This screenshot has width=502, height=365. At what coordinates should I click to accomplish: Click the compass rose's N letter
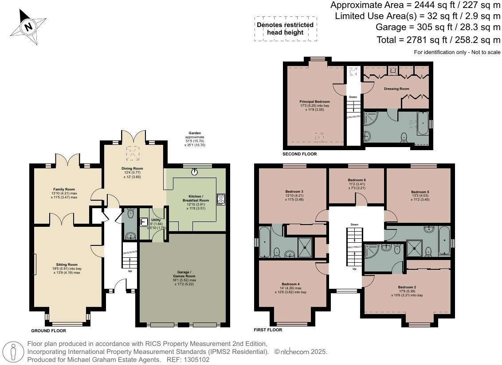tap(29, 26)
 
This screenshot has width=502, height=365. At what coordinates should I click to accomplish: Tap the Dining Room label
tap(132, 169)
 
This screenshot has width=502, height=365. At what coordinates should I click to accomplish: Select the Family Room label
tap(64, 190)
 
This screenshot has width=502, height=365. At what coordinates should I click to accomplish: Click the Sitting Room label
tap(67, 264)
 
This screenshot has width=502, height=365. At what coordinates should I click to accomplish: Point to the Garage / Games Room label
tap(184, 274)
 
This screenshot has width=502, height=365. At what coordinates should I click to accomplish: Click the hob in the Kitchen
tap(220, 200)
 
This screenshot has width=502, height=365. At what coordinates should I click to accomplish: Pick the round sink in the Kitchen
tap(194, 172)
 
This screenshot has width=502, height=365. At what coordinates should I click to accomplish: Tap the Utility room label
tap(156, 220)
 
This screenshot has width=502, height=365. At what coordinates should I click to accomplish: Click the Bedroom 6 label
tap(357, 180)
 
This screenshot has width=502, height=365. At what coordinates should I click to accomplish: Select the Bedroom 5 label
tap(420, 192)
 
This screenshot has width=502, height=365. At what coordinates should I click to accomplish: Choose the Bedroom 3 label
tap(294, 192)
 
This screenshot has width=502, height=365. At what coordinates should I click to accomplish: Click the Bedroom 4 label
tap(291, 284)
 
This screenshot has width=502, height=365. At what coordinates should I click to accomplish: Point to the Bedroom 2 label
tap(407, 287)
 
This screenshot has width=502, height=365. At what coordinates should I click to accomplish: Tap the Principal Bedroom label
tap(315, 102)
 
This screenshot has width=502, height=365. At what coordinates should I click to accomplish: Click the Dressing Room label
tap(396, 89)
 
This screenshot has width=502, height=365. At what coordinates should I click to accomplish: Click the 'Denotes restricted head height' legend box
tap(286, 29)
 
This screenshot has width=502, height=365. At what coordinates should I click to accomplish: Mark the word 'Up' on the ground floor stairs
tap(130, 271)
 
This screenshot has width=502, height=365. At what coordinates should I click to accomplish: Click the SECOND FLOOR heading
tap(300, 154)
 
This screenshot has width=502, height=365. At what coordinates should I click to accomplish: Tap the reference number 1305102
tap(196, 360)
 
